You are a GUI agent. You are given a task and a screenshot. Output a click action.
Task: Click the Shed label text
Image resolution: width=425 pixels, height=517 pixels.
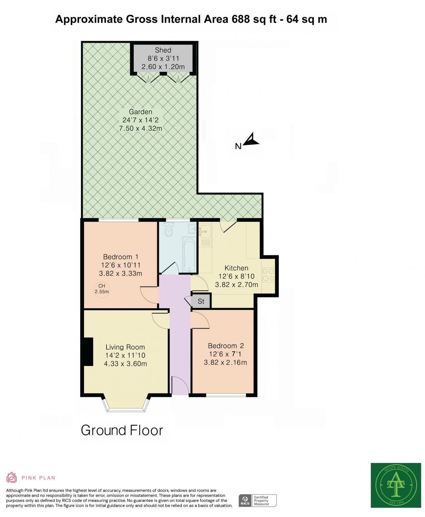tap(163, 50)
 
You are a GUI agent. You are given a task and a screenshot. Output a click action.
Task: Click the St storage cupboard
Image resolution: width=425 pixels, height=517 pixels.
tap(201, 301)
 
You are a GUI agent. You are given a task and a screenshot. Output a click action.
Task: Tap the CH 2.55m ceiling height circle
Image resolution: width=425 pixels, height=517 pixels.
tap(101, 289)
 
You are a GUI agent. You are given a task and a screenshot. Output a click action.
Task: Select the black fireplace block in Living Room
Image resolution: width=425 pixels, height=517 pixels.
tap(88, 352)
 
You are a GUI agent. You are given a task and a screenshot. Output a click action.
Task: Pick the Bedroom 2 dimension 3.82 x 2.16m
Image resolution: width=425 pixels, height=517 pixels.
tap(225, 362)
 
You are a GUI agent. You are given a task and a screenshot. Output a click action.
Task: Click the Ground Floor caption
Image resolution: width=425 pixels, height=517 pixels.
tap(122, 430)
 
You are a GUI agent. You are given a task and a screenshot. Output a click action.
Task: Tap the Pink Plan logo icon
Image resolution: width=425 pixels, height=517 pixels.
tap(11, 477)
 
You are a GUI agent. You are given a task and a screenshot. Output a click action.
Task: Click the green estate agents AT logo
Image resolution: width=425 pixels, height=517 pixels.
tap(396, 485)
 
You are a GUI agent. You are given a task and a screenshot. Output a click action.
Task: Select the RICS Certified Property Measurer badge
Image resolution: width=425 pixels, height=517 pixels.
tap(257, 501)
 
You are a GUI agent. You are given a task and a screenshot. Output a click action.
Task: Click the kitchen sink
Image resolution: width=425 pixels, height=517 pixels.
tap(205, 231)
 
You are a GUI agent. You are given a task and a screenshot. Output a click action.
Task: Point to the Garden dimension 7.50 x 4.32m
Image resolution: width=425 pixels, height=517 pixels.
tap(140, 128)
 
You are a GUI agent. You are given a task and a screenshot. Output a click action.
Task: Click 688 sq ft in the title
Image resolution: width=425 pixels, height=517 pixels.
tap(254, 19)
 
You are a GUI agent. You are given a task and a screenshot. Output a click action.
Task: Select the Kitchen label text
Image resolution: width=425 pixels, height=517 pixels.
tap(236, 268)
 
